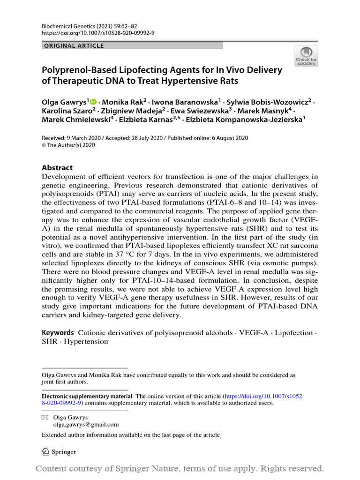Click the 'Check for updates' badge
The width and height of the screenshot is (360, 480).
(x=306, y=56)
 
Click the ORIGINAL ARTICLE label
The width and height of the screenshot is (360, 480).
(x=74, y=46)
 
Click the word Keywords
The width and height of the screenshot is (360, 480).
(x=58, y=333)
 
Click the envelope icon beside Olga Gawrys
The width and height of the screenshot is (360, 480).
(x=45, y=417)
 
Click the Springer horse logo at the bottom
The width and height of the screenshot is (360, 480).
(x=46, y=451)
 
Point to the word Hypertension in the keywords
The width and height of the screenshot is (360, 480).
(x=86, y=342)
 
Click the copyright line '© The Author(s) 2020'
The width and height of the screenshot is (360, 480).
(x=68, y=145)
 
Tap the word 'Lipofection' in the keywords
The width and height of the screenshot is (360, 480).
(x=293, y=333)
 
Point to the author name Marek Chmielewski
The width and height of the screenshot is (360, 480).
(x=76, y=120)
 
